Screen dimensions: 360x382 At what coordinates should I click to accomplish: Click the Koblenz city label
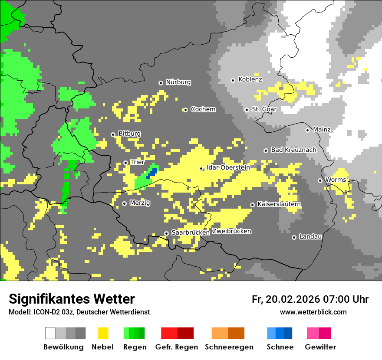point(250,79)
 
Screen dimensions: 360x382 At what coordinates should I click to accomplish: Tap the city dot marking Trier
point(126,163)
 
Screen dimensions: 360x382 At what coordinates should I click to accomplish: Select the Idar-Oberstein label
point(228,167)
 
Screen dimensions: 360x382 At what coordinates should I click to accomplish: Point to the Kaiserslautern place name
point(279,204)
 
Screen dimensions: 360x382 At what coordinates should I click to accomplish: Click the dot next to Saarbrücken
point(166,233)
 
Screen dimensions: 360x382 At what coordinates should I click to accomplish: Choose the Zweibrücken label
point(231,231)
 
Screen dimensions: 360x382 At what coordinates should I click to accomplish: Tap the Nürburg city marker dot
point(161,83)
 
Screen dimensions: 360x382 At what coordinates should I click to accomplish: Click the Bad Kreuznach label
point(293,150)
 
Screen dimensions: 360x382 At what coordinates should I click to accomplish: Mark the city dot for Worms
point(320,180)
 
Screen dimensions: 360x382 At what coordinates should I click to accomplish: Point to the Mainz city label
point(321,129)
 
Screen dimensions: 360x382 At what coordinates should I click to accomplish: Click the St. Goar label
point(264,109)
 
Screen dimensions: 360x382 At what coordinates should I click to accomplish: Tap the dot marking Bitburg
point(113,134)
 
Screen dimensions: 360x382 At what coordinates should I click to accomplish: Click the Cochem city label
point(203,109)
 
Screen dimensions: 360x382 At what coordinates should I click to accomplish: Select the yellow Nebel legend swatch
point(103,333)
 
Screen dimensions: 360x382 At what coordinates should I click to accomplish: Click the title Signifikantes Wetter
point(72,299)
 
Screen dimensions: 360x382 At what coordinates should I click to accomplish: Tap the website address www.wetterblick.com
point(313,312)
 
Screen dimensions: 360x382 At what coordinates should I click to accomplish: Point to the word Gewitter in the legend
point(320,347)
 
